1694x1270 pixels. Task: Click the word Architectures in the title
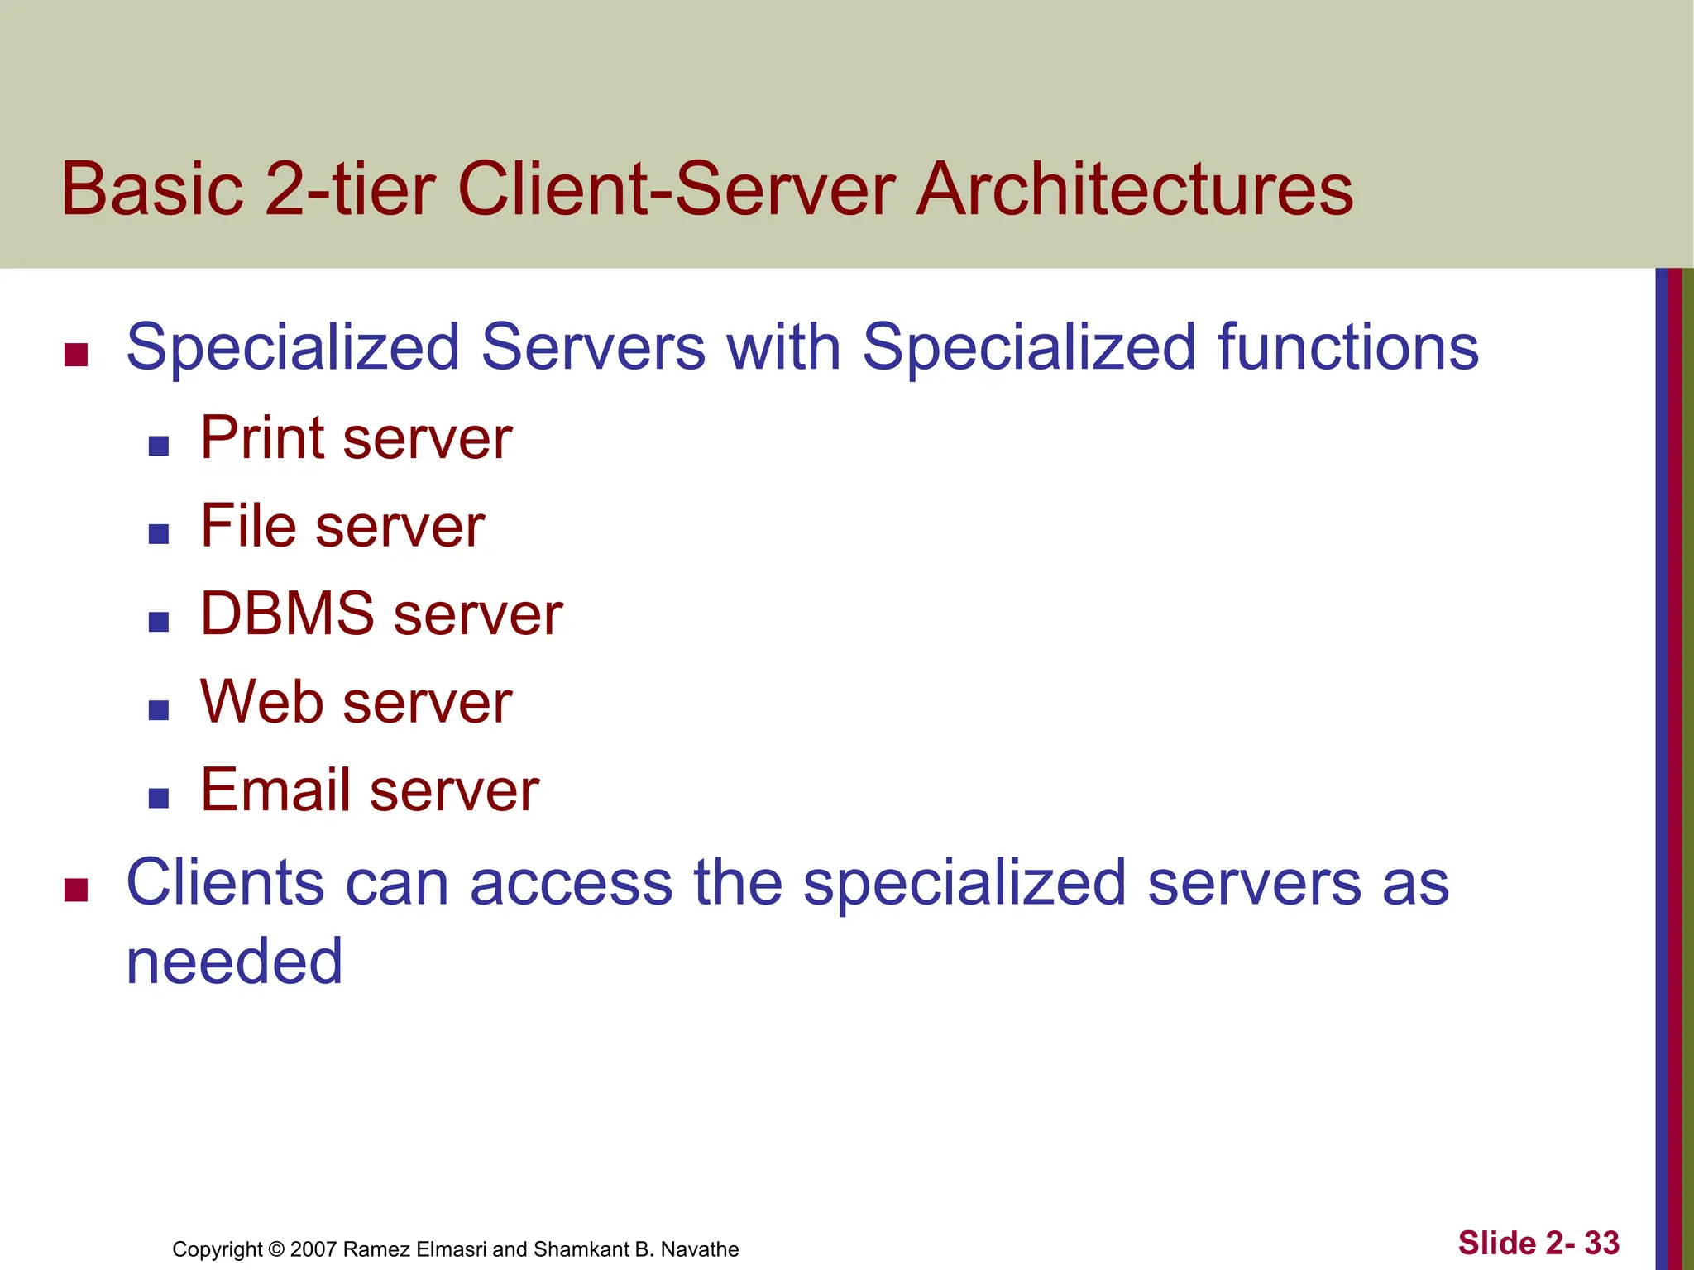1134,189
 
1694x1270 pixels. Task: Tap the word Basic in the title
152,189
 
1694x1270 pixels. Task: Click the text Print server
356,438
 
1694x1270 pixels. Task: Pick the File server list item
342,527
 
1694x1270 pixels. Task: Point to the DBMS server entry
381,614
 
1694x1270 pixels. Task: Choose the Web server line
356,703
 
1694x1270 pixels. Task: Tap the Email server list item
370,791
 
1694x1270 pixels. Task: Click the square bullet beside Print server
159,446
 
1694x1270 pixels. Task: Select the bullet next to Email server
159,798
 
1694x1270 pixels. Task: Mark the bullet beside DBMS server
159,622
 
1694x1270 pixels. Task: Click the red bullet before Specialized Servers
76,355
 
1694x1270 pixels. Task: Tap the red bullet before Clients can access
76,890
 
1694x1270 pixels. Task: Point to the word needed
234,962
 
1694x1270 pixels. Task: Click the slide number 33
1601,1243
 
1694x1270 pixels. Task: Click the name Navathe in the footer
700,1249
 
